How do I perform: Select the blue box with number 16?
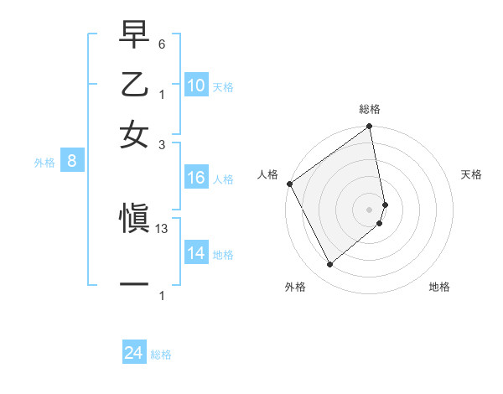(196, 178)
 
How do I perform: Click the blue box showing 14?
(196, 253)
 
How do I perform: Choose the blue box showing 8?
(72, 162)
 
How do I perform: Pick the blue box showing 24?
(134, 354)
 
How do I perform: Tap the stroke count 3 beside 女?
(161, 144)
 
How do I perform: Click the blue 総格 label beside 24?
(161, 355)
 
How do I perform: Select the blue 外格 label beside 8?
(44, 163)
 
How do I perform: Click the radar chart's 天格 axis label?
(472, 174)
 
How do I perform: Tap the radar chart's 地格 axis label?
(439, 287)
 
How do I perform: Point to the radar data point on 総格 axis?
(370, 127)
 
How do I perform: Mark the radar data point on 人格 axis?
(288, 184)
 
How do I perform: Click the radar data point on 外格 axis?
(329, 265)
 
